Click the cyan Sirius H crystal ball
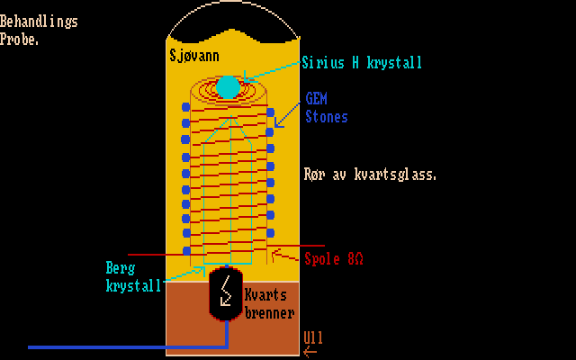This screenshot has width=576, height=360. [x=229, y=86]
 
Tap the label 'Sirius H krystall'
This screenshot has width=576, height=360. [x=361, y=63]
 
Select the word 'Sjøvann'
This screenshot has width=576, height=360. [x=198, y=56]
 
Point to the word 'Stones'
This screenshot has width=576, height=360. [x=327, y=117]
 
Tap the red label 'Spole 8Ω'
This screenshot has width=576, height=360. [x=334, y=258]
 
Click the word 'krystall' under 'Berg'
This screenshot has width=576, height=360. [x=133, y=285]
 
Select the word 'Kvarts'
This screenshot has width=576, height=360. [x=265, y=296]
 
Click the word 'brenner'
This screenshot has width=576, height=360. [x=269, y=313]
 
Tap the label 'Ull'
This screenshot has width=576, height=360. [x=313, y=338]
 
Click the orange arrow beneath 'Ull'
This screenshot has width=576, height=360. [x=310, y=352]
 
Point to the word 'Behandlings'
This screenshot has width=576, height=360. [x=39, y=22]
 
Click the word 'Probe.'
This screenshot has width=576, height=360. [x=20, y=39]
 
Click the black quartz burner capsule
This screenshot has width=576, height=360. [x=227, y=293]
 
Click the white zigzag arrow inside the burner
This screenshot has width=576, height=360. [x=227, y=291]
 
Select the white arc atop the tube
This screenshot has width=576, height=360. [x=232, y=13]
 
